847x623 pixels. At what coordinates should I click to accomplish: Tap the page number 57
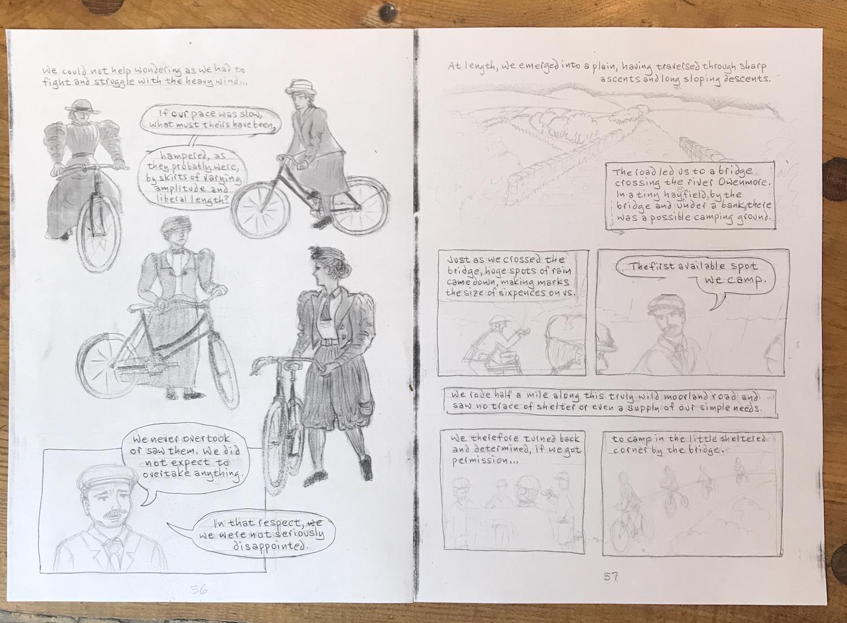(x=610, y=577)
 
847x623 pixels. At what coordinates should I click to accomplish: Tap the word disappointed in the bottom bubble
(x=270, y=547)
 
